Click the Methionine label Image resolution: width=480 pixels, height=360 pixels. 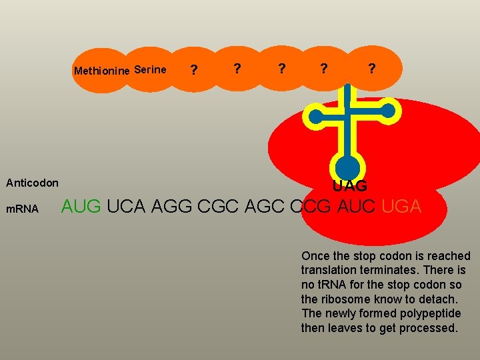[102, 71]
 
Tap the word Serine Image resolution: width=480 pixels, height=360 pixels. [150, 69]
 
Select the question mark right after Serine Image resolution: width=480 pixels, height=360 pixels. [193, 70]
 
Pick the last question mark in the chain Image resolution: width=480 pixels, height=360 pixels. [371, 69]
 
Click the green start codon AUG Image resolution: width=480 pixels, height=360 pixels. [81, 207]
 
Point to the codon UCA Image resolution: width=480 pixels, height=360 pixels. [127, 207]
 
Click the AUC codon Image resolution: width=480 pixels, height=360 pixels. [357, 207]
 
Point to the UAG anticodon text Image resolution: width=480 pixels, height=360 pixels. [350, 186]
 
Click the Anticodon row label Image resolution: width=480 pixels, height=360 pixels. [32, 183]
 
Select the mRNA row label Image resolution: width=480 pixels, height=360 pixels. [21, 209]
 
